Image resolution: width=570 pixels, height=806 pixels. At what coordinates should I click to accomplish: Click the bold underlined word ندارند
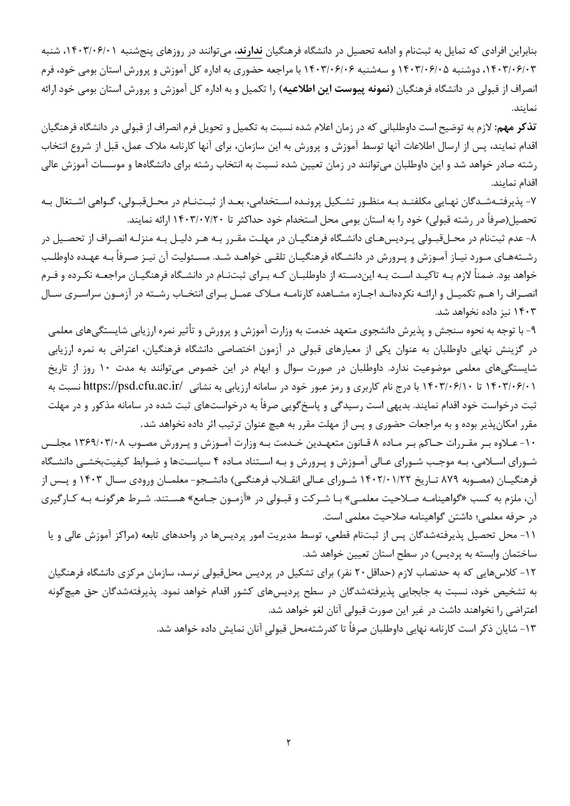249,52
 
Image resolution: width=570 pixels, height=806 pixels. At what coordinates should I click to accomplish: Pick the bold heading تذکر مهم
518,128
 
